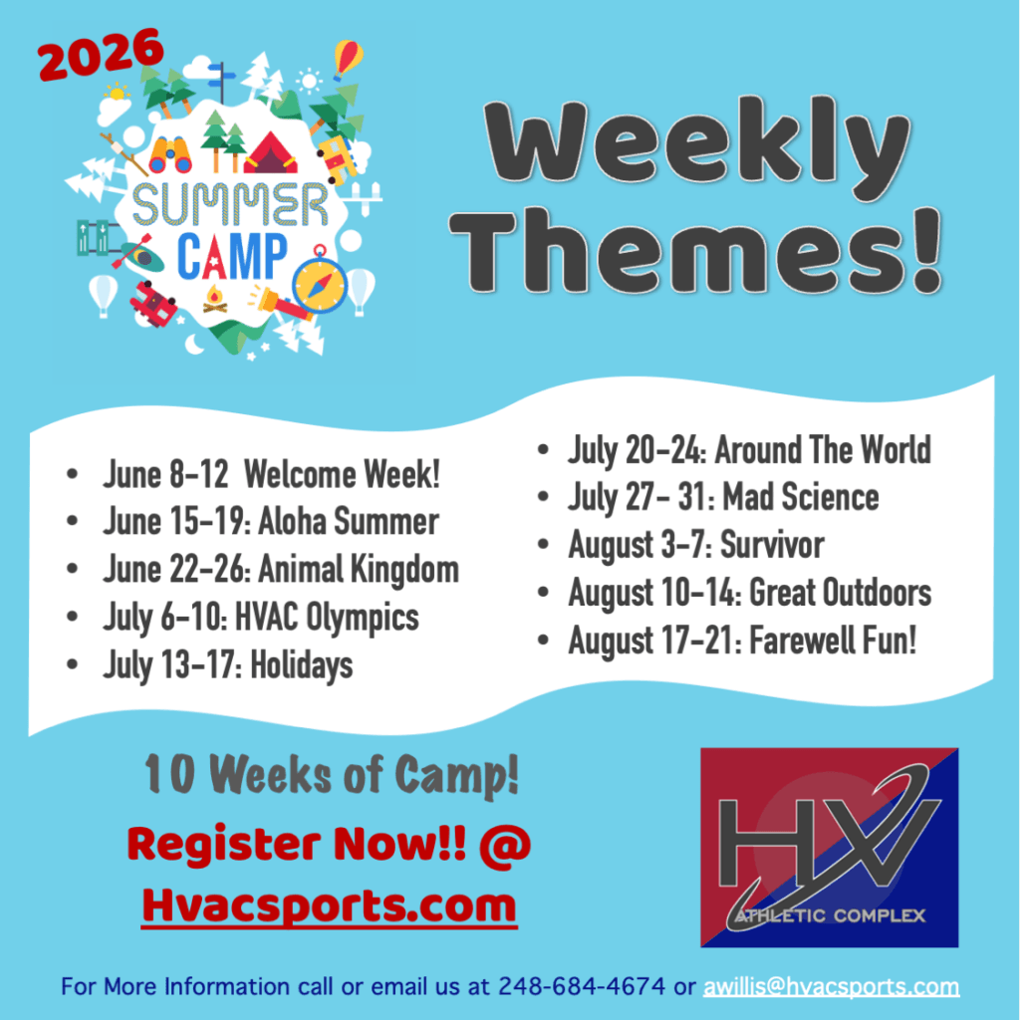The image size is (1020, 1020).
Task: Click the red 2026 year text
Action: tap(101, 54)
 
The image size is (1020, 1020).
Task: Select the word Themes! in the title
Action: tap(696, 249)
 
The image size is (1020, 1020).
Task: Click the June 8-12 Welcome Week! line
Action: tap(271, 473)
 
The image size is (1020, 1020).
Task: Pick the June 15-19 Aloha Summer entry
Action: tap(271, 522)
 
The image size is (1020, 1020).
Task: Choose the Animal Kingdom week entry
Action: tap(280, 570)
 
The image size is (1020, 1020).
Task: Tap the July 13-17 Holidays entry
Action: tap(228, 665)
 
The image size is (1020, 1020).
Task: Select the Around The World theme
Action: tap(749, 450)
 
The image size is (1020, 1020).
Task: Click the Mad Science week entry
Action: tap(723, 498)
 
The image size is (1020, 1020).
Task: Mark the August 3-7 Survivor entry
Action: tap(696, 545)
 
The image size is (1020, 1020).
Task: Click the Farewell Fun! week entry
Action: tap(742, 640)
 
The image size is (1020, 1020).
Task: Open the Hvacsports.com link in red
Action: tap(329, 904)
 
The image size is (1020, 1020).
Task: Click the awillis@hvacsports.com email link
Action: tap(832, 986)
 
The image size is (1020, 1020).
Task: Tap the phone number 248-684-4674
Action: tap(582, 986)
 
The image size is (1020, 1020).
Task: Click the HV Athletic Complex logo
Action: tap(830, 847)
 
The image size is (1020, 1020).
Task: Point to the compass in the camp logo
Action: tap(320, 283)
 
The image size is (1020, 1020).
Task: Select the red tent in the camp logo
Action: tap(271, 154)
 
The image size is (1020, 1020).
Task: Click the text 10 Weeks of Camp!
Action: tap(332, 774)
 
